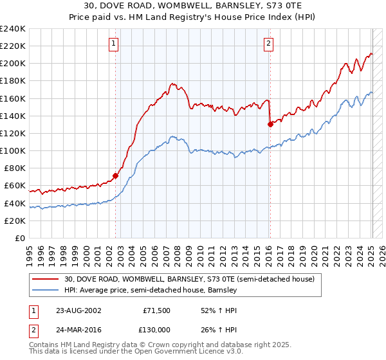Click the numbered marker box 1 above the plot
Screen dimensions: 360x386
click(113, 44)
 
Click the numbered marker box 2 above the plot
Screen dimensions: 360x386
click(268, 44)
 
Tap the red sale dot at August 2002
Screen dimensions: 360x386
click(116, 175)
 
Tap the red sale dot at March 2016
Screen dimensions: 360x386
click(270, 124)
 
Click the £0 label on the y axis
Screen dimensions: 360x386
click(19, 238)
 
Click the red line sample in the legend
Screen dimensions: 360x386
click(46, 280)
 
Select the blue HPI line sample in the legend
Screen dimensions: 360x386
click(46, 291)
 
